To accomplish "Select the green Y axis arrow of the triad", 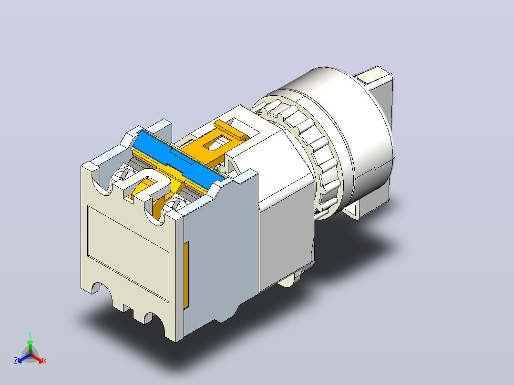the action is (x=30, y=347).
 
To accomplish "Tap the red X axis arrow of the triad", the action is (x=36, y=358).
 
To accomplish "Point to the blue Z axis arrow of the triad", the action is (x=24, y=358).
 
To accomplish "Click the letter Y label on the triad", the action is (x=30, y=335).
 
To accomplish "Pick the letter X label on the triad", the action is (x=45, y=361).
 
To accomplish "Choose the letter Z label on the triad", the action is (x=16, y=361).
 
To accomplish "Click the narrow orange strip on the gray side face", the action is (x=186, y=275).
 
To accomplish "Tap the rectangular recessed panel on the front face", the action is (x=129, y=253).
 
